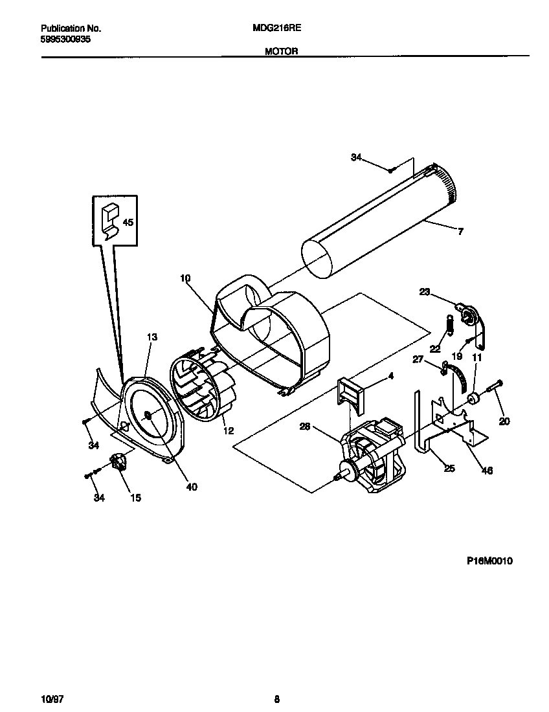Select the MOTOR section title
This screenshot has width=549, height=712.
[x=281, y=51]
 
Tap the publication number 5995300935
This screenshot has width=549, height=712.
[x=65, y=39]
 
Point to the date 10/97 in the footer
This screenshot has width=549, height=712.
[x=52, y=698]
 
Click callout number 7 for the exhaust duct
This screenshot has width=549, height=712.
[x=460, y=232]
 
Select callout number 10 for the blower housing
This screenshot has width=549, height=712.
[x=185, y=278]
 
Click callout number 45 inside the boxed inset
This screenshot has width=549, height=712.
[x=128, y=222]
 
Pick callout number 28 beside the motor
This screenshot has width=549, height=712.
[x=305, y=426]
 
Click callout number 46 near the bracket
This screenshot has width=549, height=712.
[x=487, y=471]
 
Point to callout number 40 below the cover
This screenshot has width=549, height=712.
[x=192, y=487]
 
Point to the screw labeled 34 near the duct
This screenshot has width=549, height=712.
[x=392, y=170]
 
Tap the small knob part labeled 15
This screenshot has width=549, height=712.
[x=118, y=462]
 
